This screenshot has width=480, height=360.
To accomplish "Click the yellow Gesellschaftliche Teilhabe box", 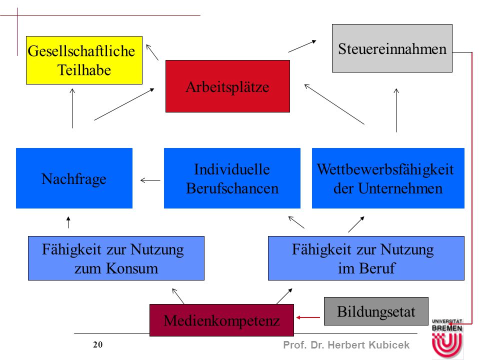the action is point(84,60).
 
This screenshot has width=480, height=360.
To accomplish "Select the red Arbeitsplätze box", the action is point(227,86).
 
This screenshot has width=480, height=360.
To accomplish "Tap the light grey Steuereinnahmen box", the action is point(392,48).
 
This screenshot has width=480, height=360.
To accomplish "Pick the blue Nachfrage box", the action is point(74,178).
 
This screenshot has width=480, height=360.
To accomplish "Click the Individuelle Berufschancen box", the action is point(232,178).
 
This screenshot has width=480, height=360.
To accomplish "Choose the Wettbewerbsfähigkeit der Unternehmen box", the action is point(388,178).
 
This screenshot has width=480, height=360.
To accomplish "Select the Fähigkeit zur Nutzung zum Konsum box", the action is point(116,258).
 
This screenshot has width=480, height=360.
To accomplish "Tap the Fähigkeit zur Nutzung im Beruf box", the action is point(366,258).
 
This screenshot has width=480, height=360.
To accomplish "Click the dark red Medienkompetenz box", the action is point(221,320).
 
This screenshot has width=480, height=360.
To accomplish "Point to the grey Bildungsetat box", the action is point(376,311).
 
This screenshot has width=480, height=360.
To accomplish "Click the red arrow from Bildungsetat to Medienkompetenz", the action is point(308,317).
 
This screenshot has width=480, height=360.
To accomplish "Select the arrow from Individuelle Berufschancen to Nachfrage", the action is point(150,180).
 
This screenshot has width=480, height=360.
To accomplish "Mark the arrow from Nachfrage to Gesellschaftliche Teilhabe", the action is point(72,108).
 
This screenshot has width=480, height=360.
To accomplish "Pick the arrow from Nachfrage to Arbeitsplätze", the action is point(124,104).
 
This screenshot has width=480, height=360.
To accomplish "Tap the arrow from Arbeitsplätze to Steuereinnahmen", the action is point(302,46).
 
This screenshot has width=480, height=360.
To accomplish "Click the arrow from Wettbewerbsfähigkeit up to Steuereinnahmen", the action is point(396,110).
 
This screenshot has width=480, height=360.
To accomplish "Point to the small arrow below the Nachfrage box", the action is point(68,222).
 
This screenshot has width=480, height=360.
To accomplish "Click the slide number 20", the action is point(97,344).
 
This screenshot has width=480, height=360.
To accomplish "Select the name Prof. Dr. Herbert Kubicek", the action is point(346,345).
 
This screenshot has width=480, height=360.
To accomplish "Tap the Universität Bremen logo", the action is point(447,338).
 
